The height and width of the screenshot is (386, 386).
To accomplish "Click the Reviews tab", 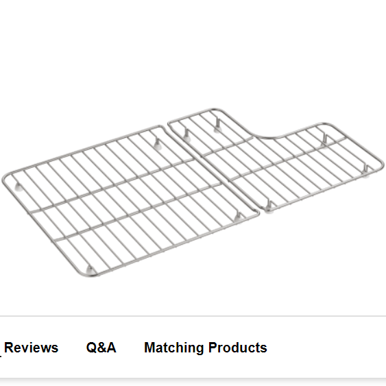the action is pyautogui.click(x=32, y=348).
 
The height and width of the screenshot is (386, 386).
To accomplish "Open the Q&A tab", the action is pyautogui.click(x=101, y=348).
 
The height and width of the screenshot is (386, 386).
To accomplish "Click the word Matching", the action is pyautogui.click(x=173, y=348).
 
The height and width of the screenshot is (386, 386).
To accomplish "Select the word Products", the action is pyautogui.click(x=237, y=348).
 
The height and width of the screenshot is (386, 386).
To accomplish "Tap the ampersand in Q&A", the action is pyautogui.click(x=101, y=348).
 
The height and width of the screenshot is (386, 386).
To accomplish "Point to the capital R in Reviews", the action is pyautogui.click(x=9, y=348).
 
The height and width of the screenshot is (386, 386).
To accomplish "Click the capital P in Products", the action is pyautogui.click(x=213, y=348).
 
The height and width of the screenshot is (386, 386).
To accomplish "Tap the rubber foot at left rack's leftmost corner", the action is pyautogui.click(x=19, y=187).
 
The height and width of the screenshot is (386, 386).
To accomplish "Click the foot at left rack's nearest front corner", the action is pyautogui.click(x=90, y=270).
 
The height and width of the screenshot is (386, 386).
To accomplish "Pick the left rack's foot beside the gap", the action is pyautogui.click(x=238, y=217).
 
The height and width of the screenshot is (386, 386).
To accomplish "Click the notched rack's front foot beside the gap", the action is pyautogui.click(x=269, y=207).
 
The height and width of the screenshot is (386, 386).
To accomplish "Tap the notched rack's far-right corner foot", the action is pyautogui.click(x=366, y=171).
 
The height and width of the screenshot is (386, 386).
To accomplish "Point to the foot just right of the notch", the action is pyautogui.click(x=324, y=141).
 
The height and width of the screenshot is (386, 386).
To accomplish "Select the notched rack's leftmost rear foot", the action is pyautogui.click(x=186, y=135).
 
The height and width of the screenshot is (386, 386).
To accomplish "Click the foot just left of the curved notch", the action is pyautogui.click(x=217, y=125).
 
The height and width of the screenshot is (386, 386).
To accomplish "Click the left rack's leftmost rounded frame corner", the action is pyautogui.click(x=4, y=178).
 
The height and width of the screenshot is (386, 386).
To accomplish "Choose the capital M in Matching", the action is pyautogui.click(x=150, y=348).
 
